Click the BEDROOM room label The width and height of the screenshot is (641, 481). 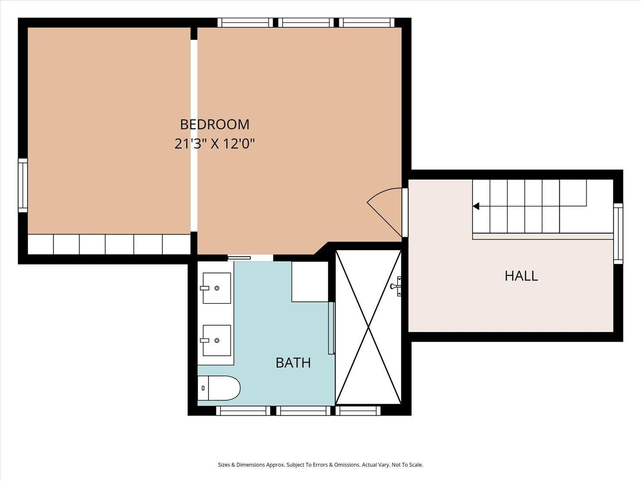click(215, 124)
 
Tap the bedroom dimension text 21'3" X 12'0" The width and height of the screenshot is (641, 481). click(215, 144)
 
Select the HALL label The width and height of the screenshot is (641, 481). click(521, 276)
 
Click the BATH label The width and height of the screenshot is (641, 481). click(293, 363)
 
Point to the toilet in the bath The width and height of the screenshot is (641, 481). click(219, 388)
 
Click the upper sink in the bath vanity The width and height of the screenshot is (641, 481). click(217, 288)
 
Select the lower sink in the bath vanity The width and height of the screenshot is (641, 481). click(217, 340)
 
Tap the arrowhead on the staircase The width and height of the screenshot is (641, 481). click(476, 206)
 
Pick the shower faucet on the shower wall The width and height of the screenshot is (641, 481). click(397, 286)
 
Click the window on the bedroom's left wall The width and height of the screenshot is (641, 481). click(23, 186)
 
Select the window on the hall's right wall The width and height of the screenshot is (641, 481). click(618, 233)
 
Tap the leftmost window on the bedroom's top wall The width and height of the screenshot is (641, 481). click(245, 23)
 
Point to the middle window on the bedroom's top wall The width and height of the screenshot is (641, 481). click(306, 23)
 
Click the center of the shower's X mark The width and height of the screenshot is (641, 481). click(369, 327)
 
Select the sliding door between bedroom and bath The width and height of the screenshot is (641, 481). click(239, 258)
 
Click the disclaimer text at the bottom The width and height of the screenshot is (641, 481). click(320, 465)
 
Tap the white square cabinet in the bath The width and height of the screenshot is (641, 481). click(310, 281)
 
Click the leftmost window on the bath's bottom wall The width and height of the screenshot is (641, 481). click(243, 410)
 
